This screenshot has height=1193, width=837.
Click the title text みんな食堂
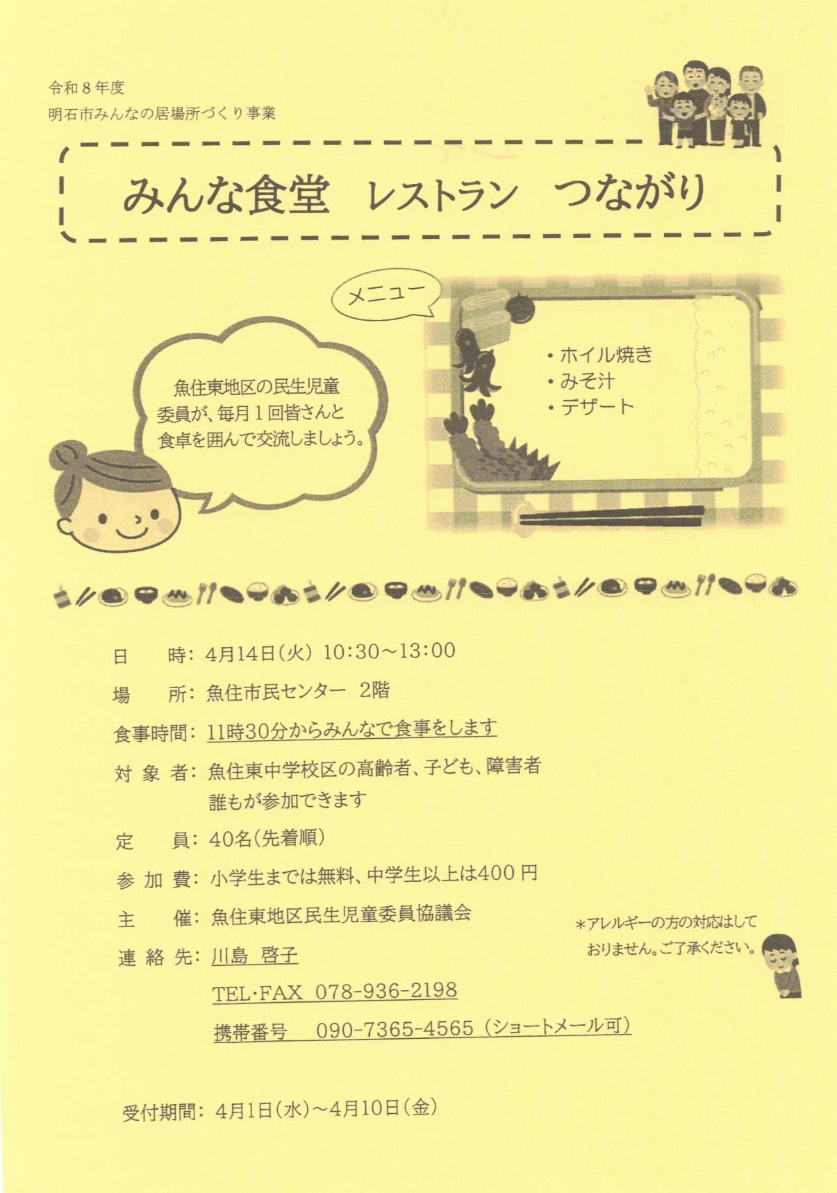coord(226,194)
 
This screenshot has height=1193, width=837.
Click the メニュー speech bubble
coord(386,297)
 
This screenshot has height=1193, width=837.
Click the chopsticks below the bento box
coord(611,515)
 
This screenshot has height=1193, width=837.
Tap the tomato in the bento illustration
coord(520,307)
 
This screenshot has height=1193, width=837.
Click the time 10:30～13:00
coord(389,651)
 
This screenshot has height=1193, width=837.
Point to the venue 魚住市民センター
coord(276,692)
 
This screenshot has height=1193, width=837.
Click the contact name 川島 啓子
coord(255,956)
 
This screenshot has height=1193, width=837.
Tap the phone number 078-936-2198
coord(386,990)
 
